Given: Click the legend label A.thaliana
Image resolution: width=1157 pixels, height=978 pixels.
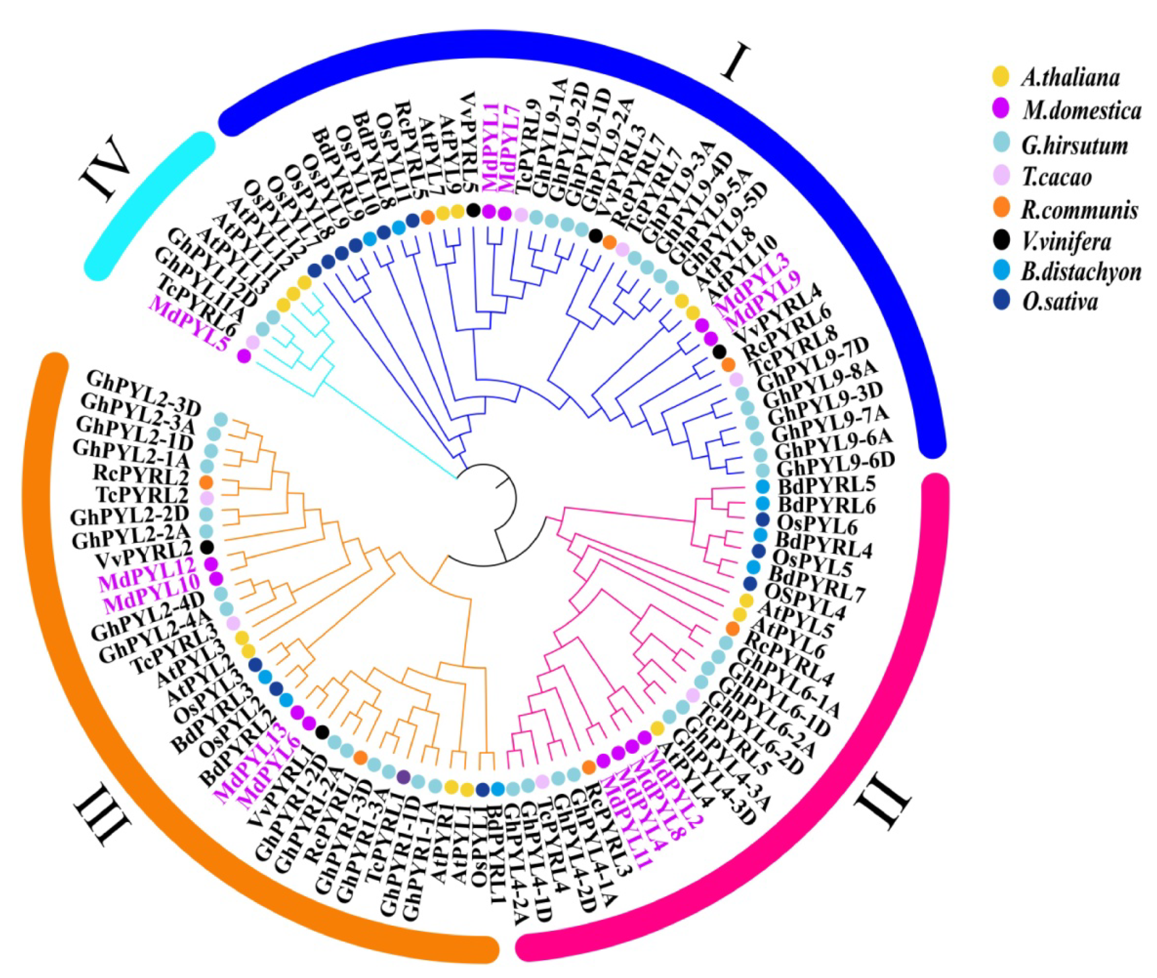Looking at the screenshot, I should (1070, 78).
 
